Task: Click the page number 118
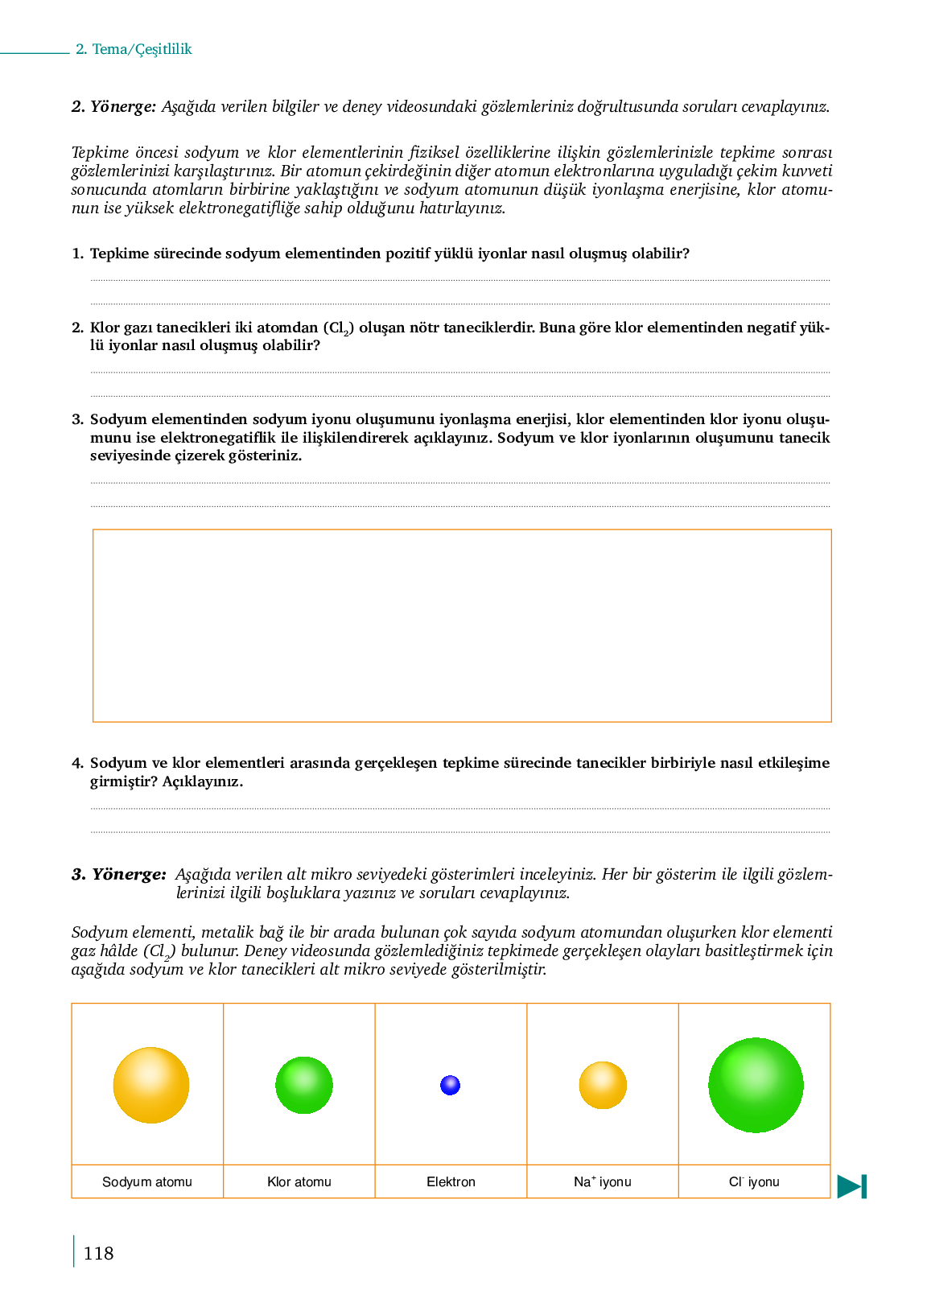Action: click(x=98, y=1253)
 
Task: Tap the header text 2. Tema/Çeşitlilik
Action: click(x=134, y=49)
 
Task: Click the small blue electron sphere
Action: click(x=451, y=1085)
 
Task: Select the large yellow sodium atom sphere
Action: click(x=151, y=1085)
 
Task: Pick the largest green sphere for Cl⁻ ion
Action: click(x=756, y=1085)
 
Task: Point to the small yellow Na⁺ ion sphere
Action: click(x=603, y=1085)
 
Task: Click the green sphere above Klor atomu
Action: click(x=304, y=1085)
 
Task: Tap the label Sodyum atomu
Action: click(x=147, y=1181)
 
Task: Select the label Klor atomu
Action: click(x=299, y=1181)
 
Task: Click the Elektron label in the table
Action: click(x=451, y=1181)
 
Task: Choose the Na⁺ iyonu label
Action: click(x=603, y=1181)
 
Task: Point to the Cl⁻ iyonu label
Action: click(x=754, y=1181)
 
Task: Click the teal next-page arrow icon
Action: click(x=852, y=1186)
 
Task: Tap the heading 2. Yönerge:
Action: click(x=113, y=106)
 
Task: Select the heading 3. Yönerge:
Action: click(x=118, y=874)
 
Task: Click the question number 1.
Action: click(x=77, y=254)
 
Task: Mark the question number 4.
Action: click(x=77, y=763)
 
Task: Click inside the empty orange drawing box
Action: click(x=462, y=625)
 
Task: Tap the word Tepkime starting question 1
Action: click(x=120, y=254)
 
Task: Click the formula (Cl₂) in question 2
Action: click(x=339, y=328)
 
